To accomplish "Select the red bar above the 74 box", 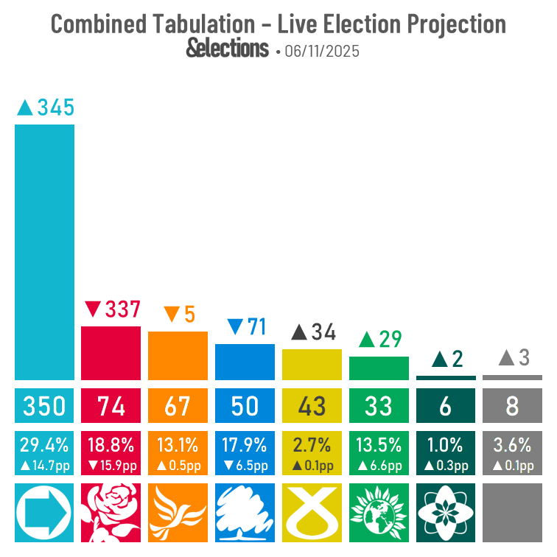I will pos(111,353).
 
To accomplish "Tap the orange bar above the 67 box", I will pos(178,356).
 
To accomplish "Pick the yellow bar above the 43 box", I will pos(312,364).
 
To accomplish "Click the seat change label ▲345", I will pos(46,108).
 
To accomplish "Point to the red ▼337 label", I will pos(112,309).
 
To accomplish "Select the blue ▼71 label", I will pos(246,327).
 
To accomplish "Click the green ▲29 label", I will pos(379,340).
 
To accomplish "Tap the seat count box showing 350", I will pos(44,406).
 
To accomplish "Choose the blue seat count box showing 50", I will pos(245,406).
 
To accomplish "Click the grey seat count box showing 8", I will pos(512,406).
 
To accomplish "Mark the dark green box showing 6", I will pos(446,406).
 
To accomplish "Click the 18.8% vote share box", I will pos(111,453).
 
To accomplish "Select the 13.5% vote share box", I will pos(379,453).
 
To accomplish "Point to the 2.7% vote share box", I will pos(312,453).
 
